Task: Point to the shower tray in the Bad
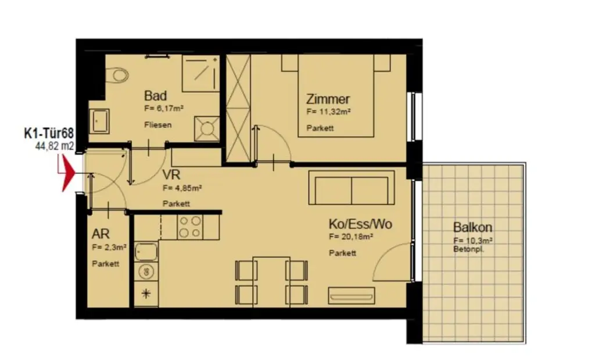click(x=200, y=73)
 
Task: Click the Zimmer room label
click(x=328, y=99)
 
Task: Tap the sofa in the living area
click(x=351, y=187)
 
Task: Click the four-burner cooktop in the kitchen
click(x=190, y=227)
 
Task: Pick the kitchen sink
click(x=145, y=251)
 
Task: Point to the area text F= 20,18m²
click(x=350, y=237)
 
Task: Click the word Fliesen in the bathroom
click(x=157, y=125)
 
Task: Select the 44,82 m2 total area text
click(x=55, y=147)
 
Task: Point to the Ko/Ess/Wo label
click(x=360, y=224)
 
